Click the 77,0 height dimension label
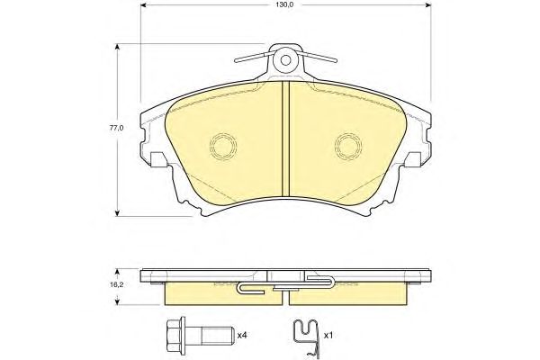[x=116, y=128]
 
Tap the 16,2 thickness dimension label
[x=117, y=285]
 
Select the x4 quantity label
[x=243, y=335]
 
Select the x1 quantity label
[x=328, y=335]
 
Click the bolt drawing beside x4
[x=198, y=335]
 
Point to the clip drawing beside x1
[x=307, y=339]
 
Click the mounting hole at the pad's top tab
[x=285, y=60]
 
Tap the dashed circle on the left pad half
[x=223, y=147]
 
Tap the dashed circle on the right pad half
[x=348, y=147]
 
